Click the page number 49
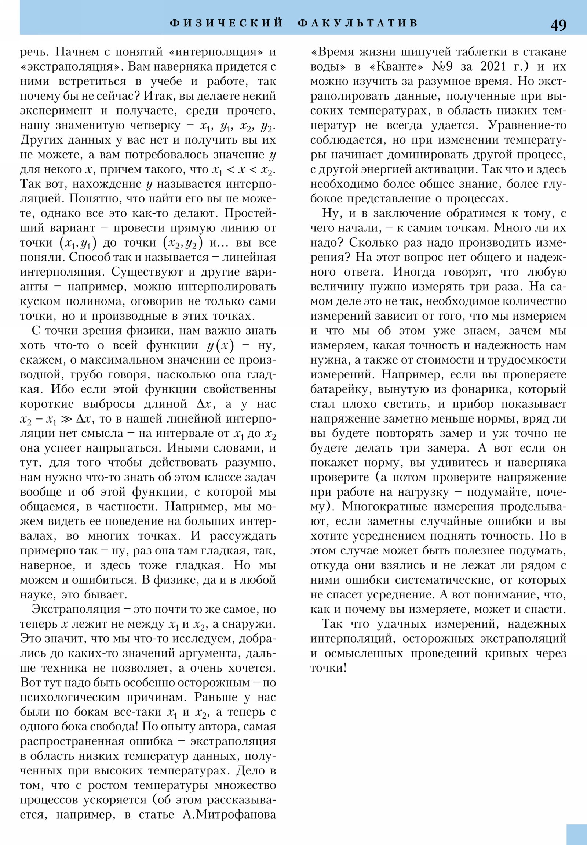click(558, 25)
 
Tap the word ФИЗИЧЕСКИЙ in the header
click(226, 23)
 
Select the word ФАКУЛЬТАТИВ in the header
click(358, 23)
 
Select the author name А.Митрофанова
click(229, 815)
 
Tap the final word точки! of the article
click(328, 668)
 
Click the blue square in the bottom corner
click(576, 834)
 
